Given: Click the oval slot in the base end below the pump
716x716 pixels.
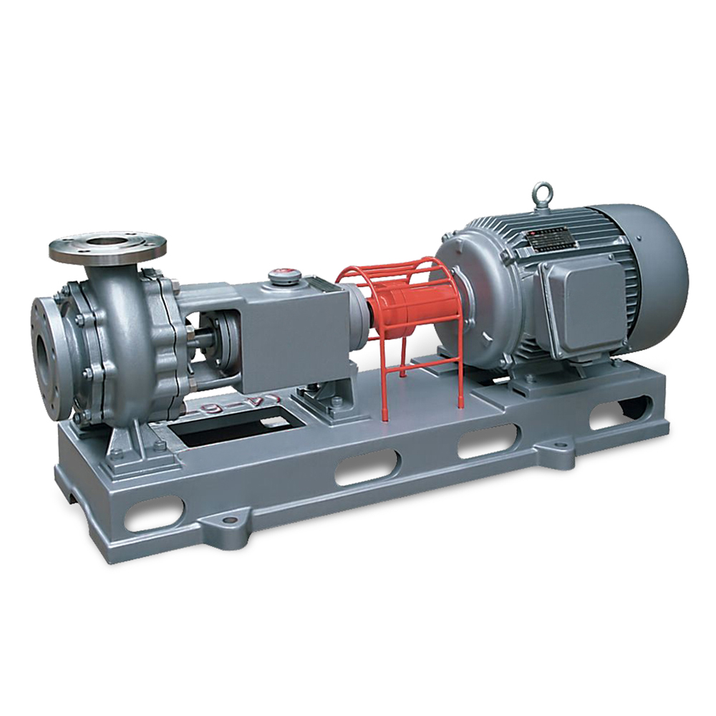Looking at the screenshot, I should click(153, 513).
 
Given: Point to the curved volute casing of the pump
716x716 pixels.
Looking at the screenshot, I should click(125, 337).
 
